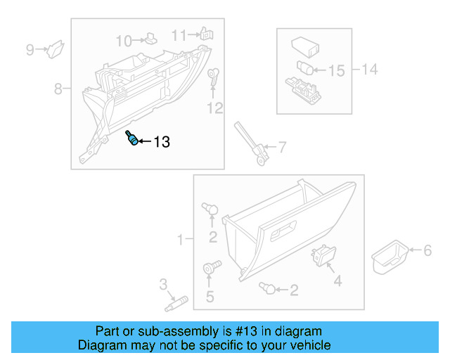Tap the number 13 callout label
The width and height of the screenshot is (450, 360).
(161, 143)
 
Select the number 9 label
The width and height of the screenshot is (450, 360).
(30, 49)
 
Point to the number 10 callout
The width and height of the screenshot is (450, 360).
(123, 40)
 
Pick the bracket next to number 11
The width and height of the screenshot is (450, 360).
(206, 33)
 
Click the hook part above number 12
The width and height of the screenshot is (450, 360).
(214, 79)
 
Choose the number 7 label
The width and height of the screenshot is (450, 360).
(282, 148)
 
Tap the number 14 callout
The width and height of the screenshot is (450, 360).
(370, 69)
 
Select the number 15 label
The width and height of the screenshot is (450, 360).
(337, 71)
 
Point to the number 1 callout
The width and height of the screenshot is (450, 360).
(180, 240)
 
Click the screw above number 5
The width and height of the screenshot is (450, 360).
(210, 268)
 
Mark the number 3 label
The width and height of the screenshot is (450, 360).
(163, 285)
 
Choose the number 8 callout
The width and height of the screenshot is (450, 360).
(58, 89)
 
